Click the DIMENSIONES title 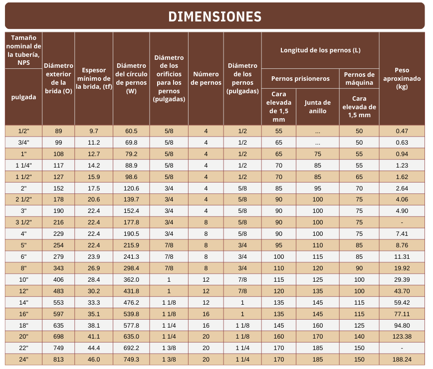(x=215, y=16)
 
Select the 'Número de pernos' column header (x=206, y=78)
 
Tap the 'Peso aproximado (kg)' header (x=402, y=78)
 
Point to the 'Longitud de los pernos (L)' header (x=320, y=50)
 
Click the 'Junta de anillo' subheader (x=318, y=107)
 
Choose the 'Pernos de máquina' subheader (x=359, y=78)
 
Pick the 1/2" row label (x=23, y=131)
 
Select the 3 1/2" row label (x=23, y=222)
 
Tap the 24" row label (x=23, y=360)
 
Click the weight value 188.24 (x=402, y=360)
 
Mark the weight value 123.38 (x=402, y=337)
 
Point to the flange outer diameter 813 (x=58, y=360)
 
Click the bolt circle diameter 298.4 (x=131, y=268)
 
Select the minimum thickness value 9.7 (x=94, y=131)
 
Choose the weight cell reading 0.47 (x=402, y=131)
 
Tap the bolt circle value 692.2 (x=131, y=348)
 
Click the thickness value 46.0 (x=94, y=360)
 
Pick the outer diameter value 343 (x=58, y=268)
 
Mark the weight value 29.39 (x=402, y=280)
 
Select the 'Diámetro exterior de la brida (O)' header (x=58, y=78)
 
